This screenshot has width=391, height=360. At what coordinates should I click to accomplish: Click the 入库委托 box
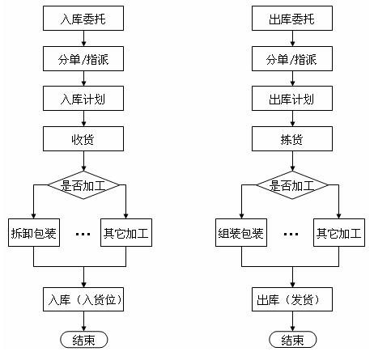click(x=83, y=19)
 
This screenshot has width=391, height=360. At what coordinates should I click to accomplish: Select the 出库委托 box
click(x=292, y=19)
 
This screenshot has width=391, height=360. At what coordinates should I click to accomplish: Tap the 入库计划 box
click(x=83, y=99)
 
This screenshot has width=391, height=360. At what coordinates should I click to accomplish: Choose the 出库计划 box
click(x=292, y=99)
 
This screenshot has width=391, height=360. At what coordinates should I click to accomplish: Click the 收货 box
click(x=83, y=138)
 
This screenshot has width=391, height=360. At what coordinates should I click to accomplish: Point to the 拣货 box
click(x=292, y=138)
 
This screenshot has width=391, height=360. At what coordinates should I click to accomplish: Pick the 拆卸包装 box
click(x=34, y=232)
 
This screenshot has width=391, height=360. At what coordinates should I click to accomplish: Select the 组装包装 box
click(x=241, y=232)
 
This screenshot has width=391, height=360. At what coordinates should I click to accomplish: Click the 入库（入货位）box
click(x=83, y=299)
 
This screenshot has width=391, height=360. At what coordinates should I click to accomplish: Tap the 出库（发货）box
click(x=292, y=299)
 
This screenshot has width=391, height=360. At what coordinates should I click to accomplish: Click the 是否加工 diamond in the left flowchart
click(x=83, y=185)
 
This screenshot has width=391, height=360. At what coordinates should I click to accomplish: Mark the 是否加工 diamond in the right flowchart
click(x=292, y=185)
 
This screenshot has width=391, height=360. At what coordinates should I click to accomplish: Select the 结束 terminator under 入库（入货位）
click(x=84, y=340)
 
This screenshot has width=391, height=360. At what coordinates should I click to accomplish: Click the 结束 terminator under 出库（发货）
click(x=293, y=340)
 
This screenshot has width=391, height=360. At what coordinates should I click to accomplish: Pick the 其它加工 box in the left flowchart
click(x=126, y=232)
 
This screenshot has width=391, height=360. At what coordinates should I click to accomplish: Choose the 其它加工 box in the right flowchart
click(x=339, y=232)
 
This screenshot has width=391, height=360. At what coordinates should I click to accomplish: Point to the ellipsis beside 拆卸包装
click(x=83, y=234)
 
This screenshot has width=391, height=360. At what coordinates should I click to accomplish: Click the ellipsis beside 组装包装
click(x=291, y=234)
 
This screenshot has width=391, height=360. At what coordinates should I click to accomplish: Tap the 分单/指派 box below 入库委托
click(x=83, y=58)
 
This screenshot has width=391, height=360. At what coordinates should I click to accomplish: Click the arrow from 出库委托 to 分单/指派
click(x=292, y=38)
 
